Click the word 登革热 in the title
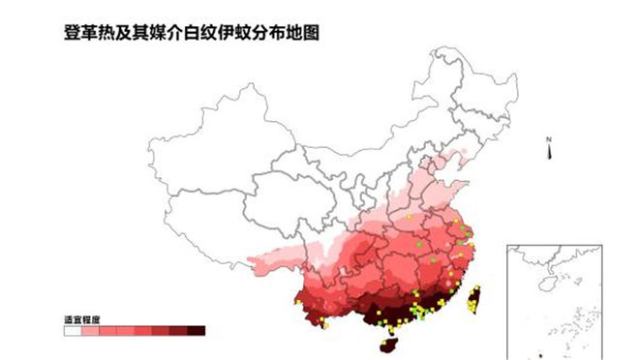pyautogui.click(x=84, y=32)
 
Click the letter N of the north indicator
pyautogui.click(x=547, y=140)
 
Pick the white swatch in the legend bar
pyautogui.click(x=72, y=330)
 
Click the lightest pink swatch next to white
pyautogui.click(x=90, y=330)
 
